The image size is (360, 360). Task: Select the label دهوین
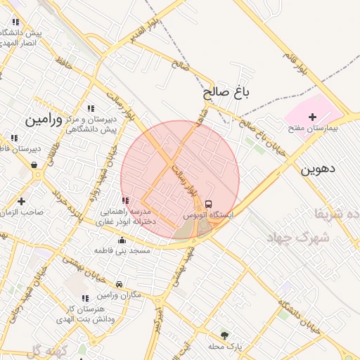(319, 169)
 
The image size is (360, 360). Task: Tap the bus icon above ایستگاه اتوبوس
(208, 203)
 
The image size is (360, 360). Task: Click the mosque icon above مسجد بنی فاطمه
(122, 239)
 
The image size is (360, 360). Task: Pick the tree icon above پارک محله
(224, 335)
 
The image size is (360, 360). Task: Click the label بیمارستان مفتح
(314, 129)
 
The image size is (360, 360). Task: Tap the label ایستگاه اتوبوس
(209, 214)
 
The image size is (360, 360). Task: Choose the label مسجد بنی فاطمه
(124, 250)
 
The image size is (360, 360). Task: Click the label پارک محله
(225, 347)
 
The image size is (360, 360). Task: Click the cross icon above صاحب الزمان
(21, 201)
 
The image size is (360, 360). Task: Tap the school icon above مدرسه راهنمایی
(125, 201)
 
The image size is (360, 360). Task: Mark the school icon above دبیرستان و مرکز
(90, 108)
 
